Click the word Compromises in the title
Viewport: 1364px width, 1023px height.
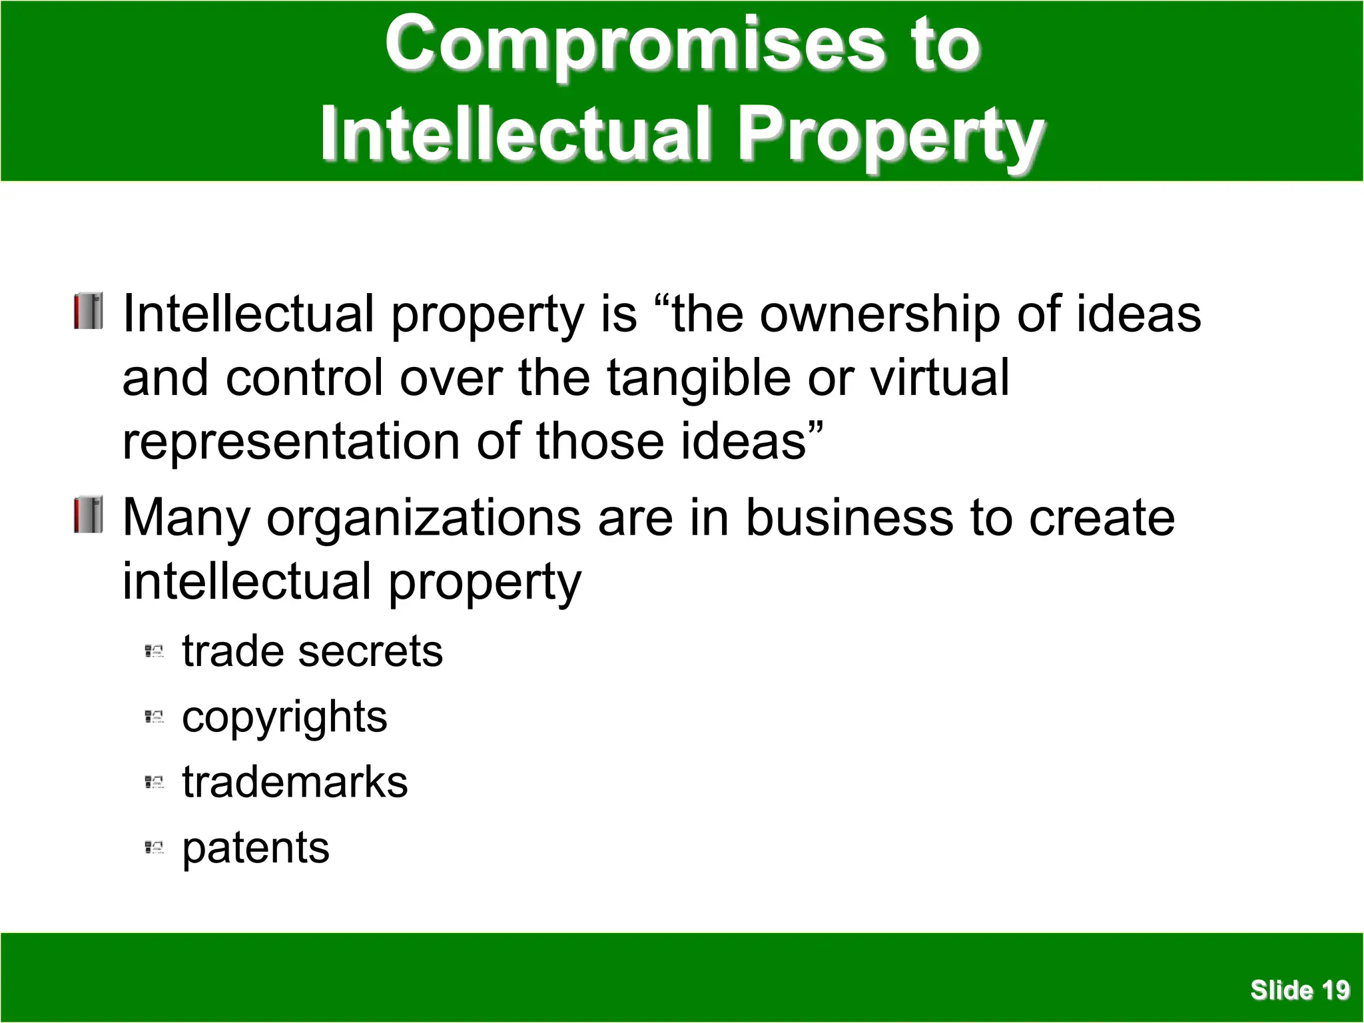(636, 45)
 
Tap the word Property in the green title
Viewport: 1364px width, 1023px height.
(891, 135)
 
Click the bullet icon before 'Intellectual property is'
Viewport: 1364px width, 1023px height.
(89, 311)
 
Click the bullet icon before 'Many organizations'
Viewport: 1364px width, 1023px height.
(89, 515)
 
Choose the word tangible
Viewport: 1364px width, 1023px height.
(699, 378)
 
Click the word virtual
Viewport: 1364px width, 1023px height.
(940, 378)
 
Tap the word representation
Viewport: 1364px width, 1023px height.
(291, 442)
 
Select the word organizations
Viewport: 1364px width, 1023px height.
(424, 518)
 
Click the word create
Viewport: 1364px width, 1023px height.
(1102, 517)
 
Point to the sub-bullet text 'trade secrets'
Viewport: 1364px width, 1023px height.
(312, 651)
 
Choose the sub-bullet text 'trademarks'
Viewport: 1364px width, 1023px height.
(295, 782)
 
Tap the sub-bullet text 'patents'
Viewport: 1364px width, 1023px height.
(256, 849)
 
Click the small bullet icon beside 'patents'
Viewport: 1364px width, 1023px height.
(154, 848)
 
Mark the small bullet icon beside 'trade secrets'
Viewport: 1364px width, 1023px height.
(154, 651)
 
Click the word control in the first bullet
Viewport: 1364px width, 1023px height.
(304, 378)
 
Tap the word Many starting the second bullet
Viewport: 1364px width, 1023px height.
(186, 518)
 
